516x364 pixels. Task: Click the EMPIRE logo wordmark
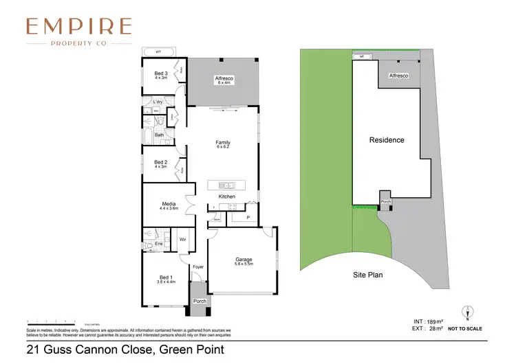(78, 26)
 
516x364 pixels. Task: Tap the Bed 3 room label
(160, 75)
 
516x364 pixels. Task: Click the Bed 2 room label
(160, 163)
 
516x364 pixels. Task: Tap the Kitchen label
(227, 196)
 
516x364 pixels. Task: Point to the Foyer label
(198, 266)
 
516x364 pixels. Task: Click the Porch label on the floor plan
(200, 301)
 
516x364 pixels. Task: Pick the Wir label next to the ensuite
(183, 239)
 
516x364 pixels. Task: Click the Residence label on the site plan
(387, 140)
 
